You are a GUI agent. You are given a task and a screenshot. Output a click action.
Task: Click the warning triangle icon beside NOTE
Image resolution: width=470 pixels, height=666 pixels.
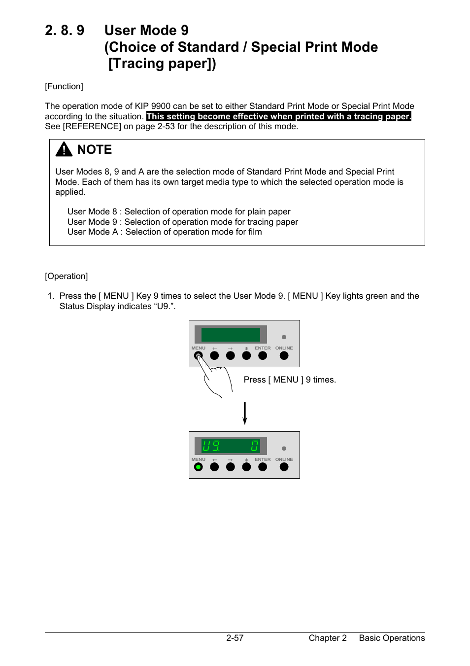(64, 149)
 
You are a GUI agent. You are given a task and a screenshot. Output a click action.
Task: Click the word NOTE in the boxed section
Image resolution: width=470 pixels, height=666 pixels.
(95, 150)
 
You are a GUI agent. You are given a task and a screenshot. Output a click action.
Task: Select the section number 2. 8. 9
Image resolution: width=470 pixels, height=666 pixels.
(65, 31)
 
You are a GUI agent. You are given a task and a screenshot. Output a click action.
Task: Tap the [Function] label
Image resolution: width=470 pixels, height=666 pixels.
(64, 87)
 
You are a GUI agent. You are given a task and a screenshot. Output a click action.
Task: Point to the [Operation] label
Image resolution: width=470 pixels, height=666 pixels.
(67, 277)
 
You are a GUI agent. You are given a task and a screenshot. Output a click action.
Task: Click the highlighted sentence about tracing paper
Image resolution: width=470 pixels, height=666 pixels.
(278, 117)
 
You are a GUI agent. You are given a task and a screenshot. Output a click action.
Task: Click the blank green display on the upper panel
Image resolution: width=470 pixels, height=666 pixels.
(231, 335)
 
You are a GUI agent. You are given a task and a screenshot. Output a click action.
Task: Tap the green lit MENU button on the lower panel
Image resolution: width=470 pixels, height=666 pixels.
(199, 467)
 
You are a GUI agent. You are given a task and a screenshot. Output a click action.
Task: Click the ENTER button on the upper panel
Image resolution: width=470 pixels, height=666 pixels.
(263, 355)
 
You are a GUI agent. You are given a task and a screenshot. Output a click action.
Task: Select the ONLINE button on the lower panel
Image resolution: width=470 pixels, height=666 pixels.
(284, 467)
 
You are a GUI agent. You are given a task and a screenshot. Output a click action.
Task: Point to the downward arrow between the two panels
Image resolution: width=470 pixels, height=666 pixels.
(244, 413)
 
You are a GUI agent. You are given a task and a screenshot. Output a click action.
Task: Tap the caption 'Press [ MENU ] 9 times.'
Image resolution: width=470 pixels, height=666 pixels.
(290, 380)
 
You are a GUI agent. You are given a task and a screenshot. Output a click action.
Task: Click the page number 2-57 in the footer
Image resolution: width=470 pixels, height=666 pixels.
(235, 638)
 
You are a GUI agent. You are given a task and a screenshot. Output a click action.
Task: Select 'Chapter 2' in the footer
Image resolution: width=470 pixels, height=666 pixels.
(328, 638)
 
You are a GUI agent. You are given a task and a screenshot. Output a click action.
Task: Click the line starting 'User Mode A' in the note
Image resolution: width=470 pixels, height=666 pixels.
(165, 232)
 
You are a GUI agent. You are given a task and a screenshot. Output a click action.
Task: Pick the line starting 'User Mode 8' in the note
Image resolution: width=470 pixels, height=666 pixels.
(179, 212)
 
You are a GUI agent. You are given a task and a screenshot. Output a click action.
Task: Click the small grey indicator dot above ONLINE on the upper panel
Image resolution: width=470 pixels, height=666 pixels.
(284, 337)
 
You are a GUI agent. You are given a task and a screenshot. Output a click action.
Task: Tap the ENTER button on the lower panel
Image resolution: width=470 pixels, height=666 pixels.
(263, 467)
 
